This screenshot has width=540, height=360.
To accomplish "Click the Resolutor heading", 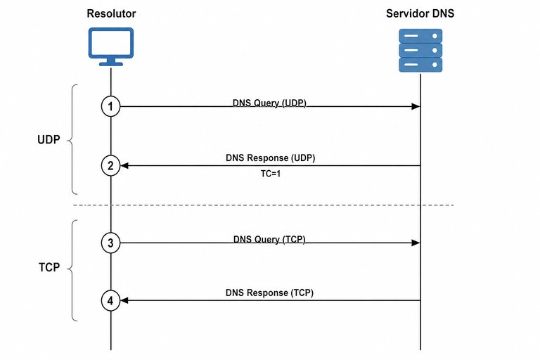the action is click(x=111, y=13).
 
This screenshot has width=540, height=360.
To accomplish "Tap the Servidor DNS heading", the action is click(x=420, y=13).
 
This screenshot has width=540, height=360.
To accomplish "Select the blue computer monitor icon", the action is click(x=111, y=47).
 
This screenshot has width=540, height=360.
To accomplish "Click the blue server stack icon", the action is click(x=420, y=51).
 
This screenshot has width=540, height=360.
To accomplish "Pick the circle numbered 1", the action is click(x=110, y=106).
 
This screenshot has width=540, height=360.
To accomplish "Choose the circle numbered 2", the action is click(x=110, y=166).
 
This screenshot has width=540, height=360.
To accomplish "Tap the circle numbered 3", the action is click(x=110, y=243).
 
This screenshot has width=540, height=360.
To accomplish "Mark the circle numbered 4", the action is click(x=110, y=301).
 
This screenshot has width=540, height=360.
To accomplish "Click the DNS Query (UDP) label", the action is click(x=269, y=103).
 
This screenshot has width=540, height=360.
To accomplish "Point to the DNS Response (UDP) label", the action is click(x=270, y=157).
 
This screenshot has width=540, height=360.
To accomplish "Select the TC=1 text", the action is click(x=270, y=174).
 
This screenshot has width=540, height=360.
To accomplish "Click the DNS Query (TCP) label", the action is click(x=269, y=240).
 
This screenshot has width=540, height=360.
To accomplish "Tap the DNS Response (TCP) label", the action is click(x=269, y=292).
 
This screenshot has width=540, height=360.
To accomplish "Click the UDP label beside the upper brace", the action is click(x=49, y=139).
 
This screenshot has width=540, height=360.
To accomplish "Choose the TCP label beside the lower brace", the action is click(x=49, y=267).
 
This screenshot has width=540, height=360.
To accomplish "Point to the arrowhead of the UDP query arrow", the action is click(x=416, y=106).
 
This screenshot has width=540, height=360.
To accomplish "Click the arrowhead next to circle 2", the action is click(x=124, y=166).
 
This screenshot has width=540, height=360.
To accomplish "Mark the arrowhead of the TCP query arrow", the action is click(x=416, y=243).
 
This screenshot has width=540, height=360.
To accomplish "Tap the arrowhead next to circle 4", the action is click(x=124, y=301).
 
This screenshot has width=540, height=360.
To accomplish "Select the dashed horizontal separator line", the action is click(x=264, y=205).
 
